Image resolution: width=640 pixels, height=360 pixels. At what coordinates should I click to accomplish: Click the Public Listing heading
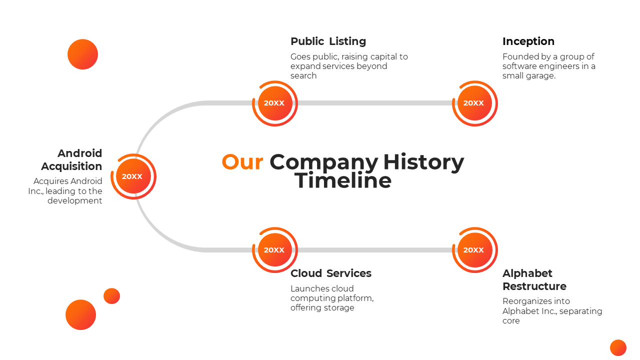(x=328, y=41)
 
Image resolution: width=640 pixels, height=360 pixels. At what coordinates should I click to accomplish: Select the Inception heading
(x=528, y=41)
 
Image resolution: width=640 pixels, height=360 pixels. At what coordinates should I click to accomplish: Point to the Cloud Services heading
(x=330, y=273)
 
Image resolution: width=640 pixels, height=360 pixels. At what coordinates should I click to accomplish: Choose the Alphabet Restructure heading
(x=534, y=279)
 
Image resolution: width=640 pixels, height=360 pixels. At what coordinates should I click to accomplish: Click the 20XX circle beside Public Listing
(x=274, y=103)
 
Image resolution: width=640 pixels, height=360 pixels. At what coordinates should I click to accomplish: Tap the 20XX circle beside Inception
(x=474, y=103)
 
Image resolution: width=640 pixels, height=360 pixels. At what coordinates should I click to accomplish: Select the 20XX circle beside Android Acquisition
(x=132, y=176)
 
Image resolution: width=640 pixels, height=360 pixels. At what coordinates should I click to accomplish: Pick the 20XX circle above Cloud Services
(x=274, y=250)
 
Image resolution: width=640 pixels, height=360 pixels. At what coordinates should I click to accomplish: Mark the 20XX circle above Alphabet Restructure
(x=474, y=250)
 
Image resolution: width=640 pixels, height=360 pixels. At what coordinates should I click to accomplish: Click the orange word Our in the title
(x=242, y=162)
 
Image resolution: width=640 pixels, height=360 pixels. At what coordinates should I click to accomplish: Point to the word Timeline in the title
(x=343, y=180)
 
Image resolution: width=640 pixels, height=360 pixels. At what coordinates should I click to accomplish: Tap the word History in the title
(x=423, y=162)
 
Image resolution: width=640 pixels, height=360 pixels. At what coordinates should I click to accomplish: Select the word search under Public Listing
(x=303, y=76)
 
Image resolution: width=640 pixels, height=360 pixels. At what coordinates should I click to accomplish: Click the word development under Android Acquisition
(x=75, y=200)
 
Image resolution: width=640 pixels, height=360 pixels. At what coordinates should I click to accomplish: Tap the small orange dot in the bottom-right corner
(x=618, y=347)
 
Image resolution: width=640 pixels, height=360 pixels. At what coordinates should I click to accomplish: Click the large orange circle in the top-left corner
(x=82, y=54)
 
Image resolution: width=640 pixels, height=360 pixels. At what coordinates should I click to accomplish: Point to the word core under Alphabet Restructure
(x=511, y=321)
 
